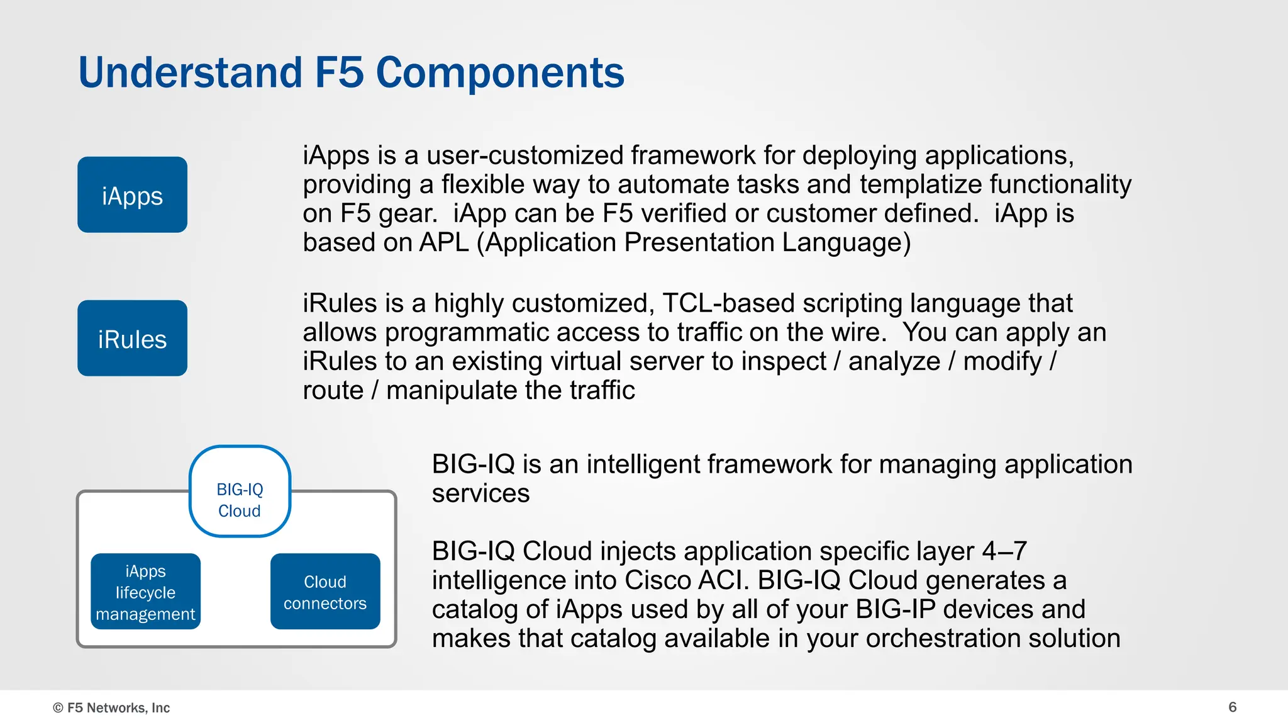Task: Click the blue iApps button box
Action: pyautogui.click(x=132, y=195)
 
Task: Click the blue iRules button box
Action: pyautogui.click(x=132, y=339)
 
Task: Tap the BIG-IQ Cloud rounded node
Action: pyautogui.click(x=240, y=492)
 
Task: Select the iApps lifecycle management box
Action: pyautogui.click(x=145, y=592)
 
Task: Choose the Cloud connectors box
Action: pyautogui.click(x=325, y=592)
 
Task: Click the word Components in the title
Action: pyautogui.click(x=500, y=72)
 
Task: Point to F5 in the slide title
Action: pyautogui.click(x=339, y=72)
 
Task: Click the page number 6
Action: pyautogui.click(x=1232, y=707)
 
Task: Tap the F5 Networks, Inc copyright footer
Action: pyautogui.click(x=112, y=707)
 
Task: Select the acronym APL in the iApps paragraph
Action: pyautogui.click(x=445, y=243)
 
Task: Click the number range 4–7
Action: pyautogui.click(x=1004, y=551)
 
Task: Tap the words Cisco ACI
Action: pyautogui.click(x=687, y=580)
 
